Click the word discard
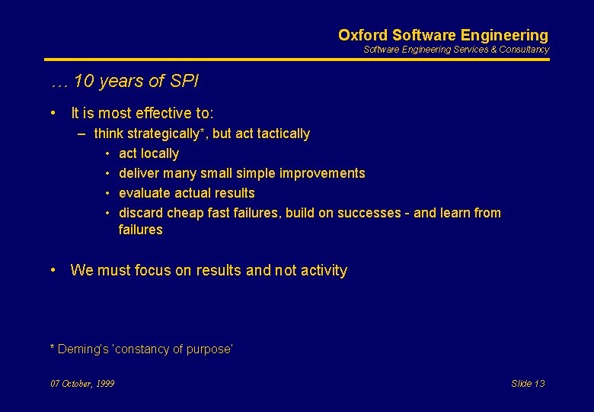pos(141,213)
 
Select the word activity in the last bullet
pos(321,271)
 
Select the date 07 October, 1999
pos(82,384)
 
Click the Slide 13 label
pos(528,384)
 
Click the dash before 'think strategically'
pos(81,134)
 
